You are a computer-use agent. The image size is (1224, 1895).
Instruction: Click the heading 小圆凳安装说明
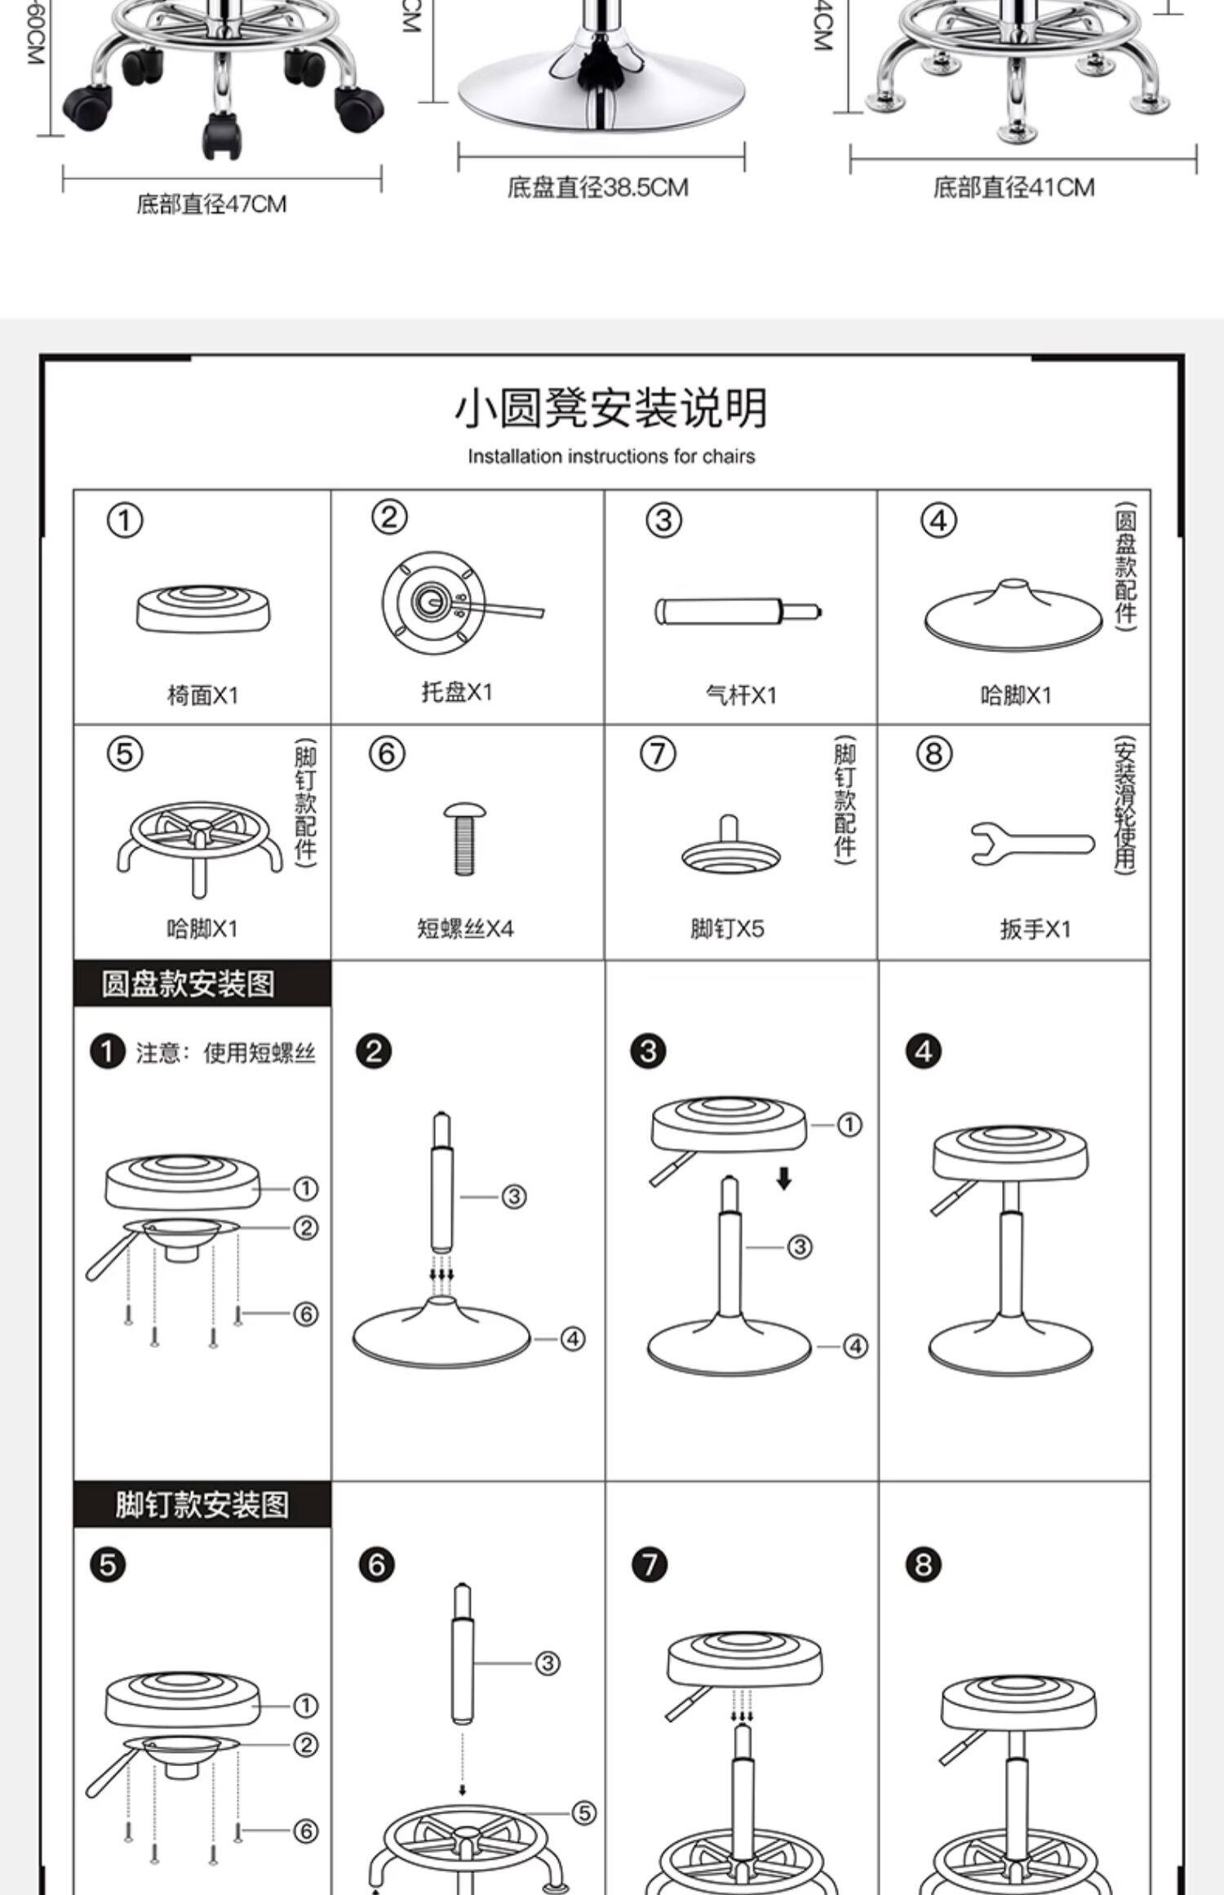tap(611, 409)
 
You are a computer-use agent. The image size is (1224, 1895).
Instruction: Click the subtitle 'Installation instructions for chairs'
tap(611, 456)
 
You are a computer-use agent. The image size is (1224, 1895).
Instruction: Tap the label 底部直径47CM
tap(211, 204)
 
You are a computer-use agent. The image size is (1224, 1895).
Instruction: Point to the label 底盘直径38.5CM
tap(598, 188)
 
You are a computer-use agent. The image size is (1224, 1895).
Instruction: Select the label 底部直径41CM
tap(1013, 188)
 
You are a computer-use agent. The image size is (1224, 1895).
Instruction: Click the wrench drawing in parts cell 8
tap(1032, 844)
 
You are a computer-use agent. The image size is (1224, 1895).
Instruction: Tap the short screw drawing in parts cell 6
tap(464, 839)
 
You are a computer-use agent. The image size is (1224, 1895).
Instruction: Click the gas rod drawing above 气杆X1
tap(738, 610)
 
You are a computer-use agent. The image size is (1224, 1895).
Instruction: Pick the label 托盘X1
tap(457, 692)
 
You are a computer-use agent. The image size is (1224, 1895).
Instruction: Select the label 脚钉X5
tap(727, 929)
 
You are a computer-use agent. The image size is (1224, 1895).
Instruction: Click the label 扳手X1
tap(1036, 929)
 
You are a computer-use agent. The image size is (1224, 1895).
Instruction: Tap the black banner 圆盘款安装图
tap(188, 983)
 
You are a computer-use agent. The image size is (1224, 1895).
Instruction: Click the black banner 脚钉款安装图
tap(202, 1505)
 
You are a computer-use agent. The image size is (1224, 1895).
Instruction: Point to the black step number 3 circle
tap(648, 1051)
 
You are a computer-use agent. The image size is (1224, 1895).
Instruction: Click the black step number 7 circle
tap(650, 1564)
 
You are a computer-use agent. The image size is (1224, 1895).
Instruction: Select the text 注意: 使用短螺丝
tap(225, 1053)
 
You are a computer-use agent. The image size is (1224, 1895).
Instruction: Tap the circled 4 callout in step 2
tap(573, 1338)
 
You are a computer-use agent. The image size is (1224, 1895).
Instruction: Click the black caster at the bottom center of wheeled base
tap(220, 136)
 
